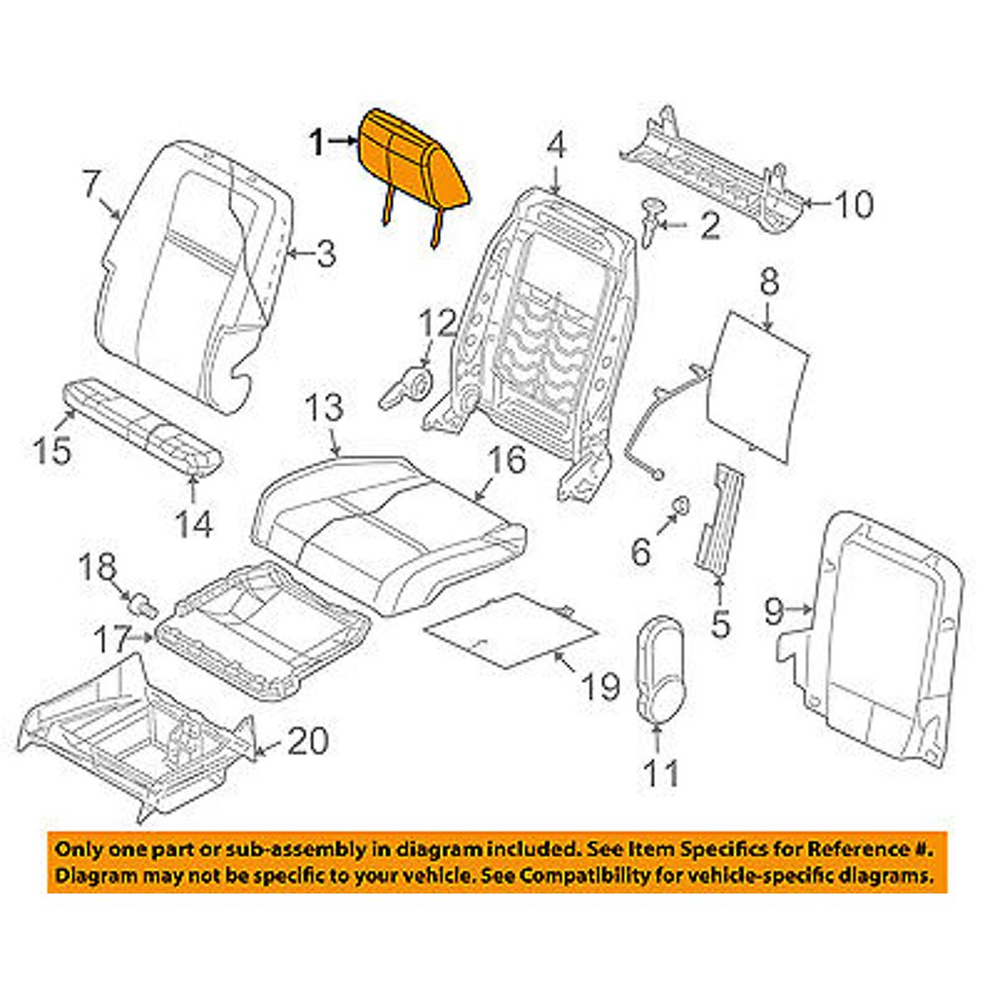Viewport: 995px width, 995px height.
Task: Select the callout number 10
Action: click(x=853, y=205)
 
